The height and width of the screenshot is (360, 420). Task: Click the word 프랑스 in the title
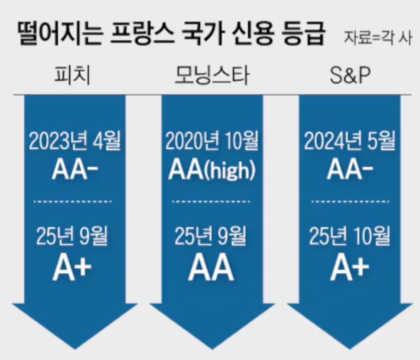coord(142,33)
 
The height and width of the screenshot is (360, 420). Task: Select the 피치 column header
coord(72,75)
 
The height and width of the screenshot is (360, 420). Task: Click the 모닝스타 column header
coord(212,75)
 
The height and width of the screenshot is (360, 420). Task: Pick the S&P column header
coord(350,75)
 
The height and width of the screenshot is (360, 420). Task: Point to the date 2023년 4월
coord(75,140)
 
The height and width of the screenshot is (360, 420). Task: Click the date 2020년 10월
coord(212,140)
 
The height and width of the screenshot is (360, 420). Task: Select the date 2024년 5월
coord(349,140)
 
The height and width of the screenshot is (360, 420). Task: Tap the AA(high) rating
coord(212,169)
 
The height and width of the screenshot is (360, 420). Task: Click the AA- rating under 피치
coord(75,169)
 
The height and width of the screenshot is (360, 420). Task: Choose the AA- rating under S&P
coord(350,169)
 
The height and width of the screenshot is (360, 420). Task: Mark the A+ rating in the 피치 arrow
coord(72,268)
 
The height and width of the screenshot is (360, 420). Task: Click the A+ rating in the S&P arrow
coord(349,268)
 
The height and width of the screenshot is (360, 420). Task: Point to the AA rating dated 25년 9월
coord(211,268)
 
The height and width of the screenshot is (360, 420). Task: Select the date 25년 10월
coord(349,236)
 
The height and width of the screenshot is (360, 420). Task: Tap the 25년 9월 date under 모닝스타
coord(211,236)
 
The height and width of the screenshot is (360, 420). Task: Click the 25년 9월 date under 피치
coord(72,236)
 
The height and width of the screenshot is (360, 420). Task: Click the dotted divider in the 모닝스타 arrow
coord(211,201)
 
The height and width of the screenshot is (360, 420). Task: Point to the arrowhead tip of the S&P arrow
coord(349,349)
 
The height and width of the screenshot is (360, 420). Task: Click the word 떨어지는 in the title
coord(60,33)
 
